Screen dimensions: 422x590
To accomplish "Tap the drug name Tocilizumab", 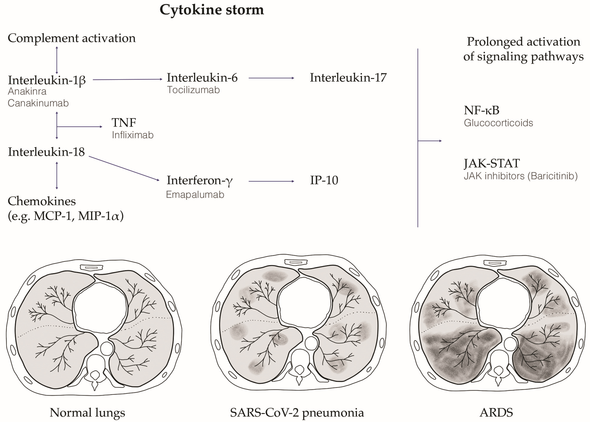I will [x=193, y=90].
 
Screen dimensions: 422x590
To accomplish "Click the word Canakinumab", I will [x=38, y=103].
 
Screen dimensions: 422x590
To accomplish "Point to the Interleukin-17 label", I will [x=348, y=77].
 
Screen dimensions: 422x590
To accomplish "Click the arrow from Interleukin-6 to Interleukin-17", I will [x=271, y=78].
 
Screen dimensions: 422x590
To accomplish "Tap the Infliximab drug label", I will [x=133, y=135].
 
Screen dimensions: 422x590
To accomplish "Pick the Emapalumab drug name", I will [x=195, y=195].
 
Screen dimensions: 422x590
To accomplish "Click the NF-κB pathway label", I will [x=481, y=110].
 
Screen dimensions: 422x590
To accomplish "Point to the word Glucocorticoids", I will [x=498, y=123].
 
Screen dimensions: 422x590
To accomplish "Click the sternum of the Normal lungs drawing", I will [x=92, y=267].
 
